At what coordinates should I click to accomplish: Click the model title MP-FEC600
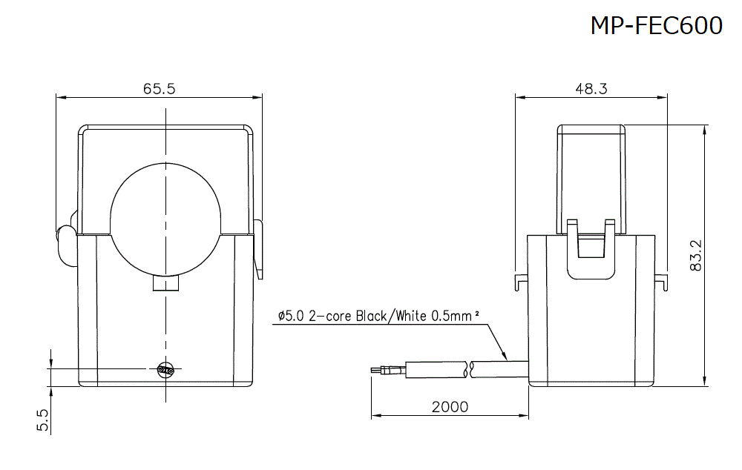[x=656, y=25]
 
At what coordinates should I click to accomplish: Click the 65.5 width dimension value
[x=159, y=89]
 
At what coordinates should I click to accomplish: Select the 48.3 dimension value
[x=591, y=89]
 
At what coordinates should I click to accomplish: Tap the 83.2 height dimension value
[x=696, y=255]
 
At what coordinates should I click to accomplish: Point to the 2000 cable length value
[x=450, y=406]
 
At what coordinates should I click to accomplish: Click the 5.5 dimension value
[x=42, y=420]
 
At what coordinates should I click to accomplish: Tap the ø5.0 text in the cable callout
[x=291, y=316]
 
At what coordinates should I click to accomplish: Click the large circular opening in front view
[x=165, y=220]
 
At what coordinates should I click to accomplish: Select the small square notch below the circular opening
[x=165, y=284]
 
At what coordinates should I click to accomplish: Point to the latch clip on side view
[x=591, y=248]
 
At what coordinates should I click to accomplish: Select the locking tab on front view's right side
[x=258, y=248]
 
